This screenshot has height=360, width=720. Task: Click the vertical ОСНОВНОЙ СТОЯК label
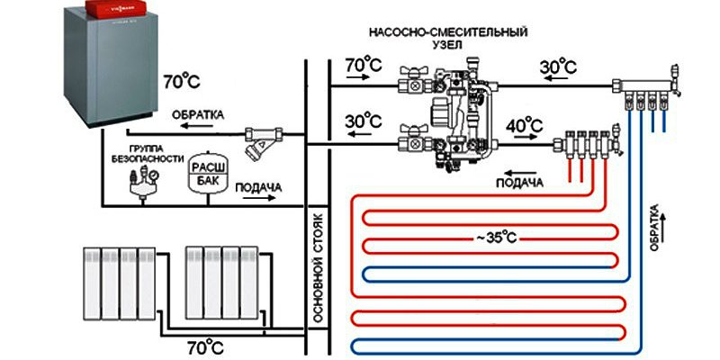click(316, 269)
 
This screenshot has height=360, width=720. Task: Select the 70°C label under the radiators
click(206, 345)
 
